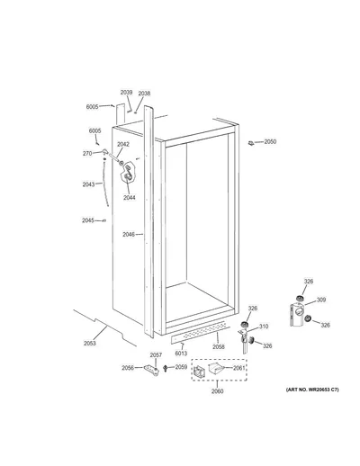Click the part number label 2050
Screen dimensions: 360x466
[270, 141]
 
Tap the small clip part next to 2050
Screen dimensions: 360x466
[251, 143]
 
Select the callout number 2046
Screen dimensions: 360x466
[129, 235]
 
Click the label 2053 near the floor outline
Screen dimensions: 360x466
[90, 343]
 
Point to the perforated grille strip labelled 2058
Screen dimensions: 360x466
[198, 332]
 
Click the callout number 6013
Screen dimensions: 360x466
[181, 354]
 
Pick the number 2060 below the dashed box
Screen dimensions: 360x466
[217, 391]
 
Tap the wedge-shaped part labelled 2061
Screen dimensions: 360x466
[216, 368]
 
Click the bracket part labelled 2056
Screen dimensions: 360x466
[152, 370]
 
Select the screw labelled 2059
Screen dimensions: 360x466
[165, 368]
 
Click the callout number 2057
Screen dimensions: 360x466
[156, 354]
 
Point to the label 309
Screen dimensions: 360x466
[321, 300]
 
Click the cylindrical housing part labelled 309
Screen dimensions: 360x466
[297, 314]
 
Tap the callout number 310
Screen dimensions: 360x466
[264, 327]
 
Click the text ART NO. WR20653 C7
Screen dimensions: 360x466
[312, 390]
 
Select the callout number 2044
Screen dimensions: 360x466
[130, 197]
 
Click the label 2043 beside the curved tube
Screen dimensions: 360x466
[88, 184]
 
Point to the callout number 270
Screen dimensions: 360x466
[87, 154]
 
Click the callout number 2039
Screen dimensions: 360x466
[126, 93]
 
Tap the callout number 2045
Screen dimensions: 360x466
[88, 220]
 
